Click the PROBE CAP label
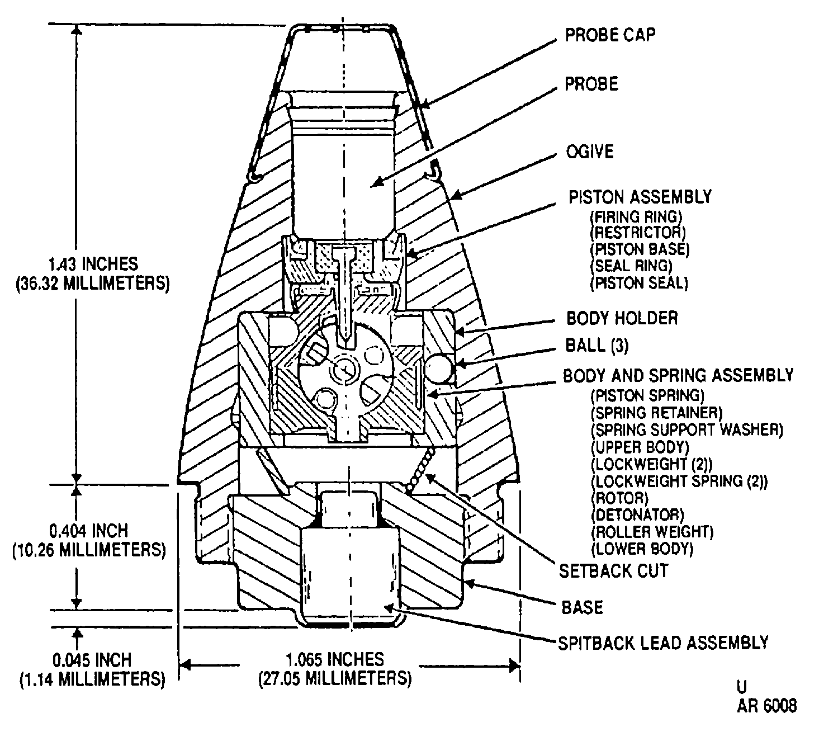[610, 35]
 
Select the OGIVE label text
[590, 152]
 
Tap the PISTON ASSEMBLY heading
[640, 197]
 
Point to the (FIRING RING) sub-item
[636, 217]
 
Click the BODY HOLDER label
[622, 318]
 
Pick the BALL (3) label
[597, 346]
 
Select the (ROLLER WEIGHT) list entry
[652, 532]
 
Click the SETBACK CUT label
[614, 570]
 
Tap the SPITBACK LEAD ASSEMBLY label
[663, 643]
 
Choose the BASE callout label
[582, 607]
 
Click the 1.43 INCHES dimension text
[93, 264]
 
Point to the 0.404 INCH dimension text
[88, 530]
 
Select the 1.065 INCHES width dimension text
[335, 660]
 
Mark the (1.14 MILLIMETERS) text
[93, 679]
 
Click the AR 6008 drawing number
[767, 706]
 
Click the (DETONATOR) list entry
[637, 515]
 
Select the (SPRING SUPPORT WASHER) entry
[687, 429]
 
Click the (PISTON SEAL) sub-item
[639, 283]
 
